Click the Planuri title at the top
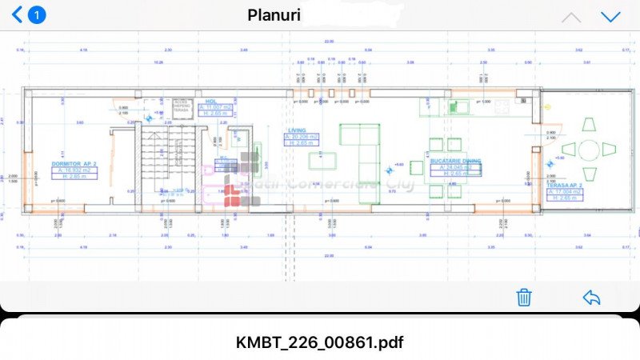coord(274,14)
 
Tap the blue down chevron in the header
coord(610,17)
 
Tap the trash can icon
coord(524,298)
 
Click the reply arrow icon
coord(591,298)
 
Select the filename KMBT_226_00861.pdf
coord(320,342)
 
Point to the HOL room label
coord(211,102)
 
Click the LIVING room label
coord(297,130)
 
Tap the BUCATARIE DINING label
coord(456,161)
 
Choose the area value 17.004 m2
coord(566,191)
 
